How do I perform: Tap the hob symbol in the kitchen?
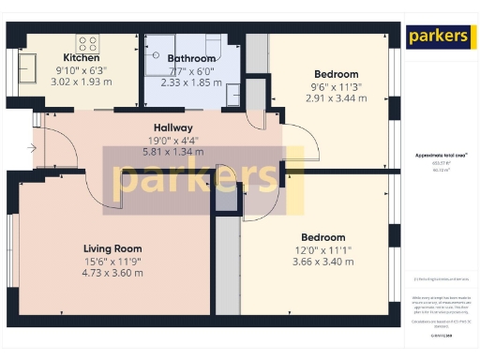point(88,43)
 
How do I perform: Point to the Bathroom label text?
point(191,58)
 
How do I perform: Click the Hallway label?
point(172,127)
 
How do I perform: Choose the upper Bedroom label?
point(335,74)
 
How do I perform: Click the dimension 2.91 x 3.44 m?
point(335,97)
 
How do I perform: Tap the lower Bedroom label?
point(323,237)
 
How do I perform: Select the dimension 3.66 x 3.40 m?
point(323,262)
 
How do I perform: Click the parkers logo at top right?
point(438,37)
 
